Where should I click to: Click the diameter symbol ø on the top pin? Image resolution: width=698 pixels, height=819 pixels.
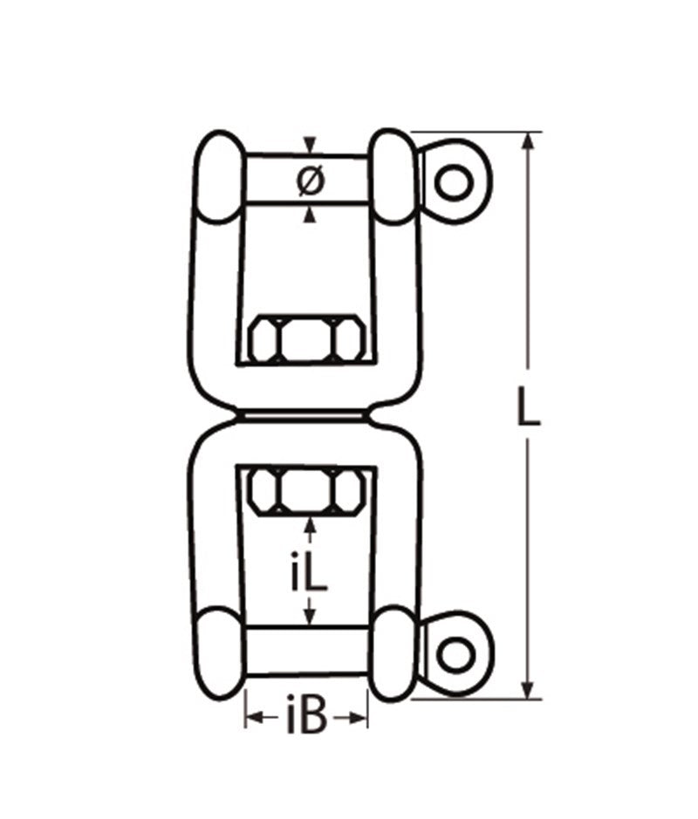tap(310, 180)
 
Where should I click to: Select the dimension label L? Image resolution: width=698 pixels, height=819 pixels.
tap(526, 408)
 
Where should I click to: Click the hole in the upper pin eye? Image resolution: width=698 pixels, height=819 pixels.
tap(454, 182)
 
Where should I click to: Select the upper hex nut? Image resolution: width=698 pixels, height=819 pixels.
tap(305, 338)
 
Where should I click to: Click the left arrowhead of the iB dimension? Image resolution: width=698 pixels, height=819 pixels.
tap(251, 718)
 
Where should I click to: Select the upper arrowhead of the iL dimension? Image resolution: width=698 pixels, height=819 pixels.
tap(308, 526)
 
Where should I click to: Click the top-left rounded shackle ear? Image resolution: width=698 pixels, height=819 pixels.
tap(218, 178)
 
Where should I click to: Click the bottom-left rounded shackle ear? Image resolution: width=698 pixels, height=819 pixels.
tap(218, 652)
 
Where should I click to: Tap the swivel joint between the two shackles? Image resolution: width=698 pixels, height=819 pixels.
tap(305, 417)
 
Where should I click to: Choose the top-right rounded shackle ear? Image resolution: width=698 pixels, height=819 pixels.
tap(393, 178)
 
